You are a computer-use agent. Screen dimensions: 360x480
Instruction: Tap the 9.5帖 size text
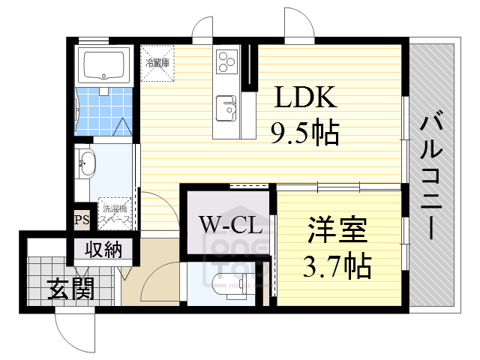[304, 133]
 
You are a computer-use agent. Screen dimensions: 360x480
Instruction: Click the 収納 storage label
[102, 250]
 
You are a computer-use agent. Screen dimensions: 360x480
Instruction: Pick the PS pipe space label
[82, 220]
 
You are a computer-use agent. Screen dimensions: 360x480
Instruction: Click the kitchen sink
[226, 108]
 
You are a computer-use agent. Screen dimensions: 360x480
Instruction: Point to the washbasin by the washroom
[85, 163]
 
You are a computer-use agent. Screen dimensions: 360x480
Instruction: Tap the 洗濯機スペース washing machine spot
[116, 213]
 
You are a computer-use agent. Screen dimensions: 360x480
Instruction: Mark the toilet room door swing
[159, 281]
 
